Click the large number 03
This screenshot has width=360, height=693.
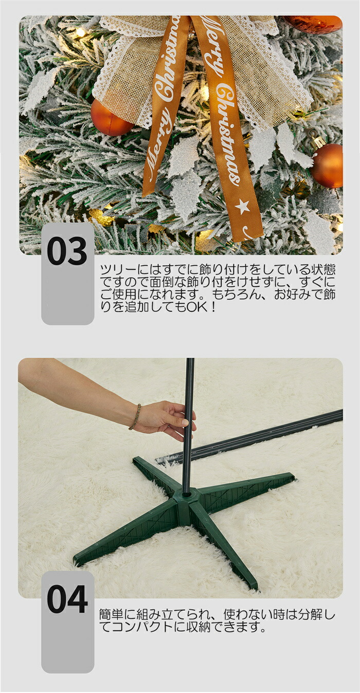pyautogui.click(x=67, y=250)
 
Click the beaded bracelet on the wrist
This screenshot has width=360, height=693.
pyautogui.click(x=135, y=417)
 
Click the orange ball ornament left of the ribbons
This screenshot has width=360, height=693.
pyautogui.click(x=111, y=118)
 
